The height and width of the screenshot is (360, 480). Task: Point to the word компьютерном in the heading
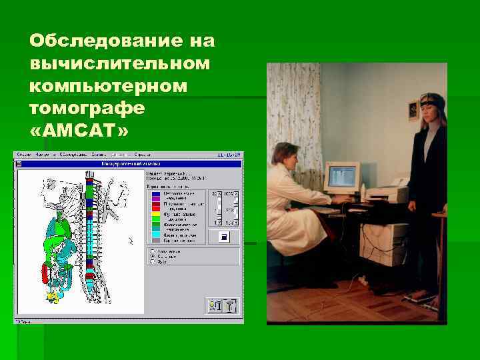[x=109, y=86]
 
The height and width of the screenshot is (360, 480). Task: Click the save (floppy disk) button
[x=224, y=237]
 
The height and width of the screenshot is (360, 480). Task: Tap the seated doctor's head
[x=286, y=155]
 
